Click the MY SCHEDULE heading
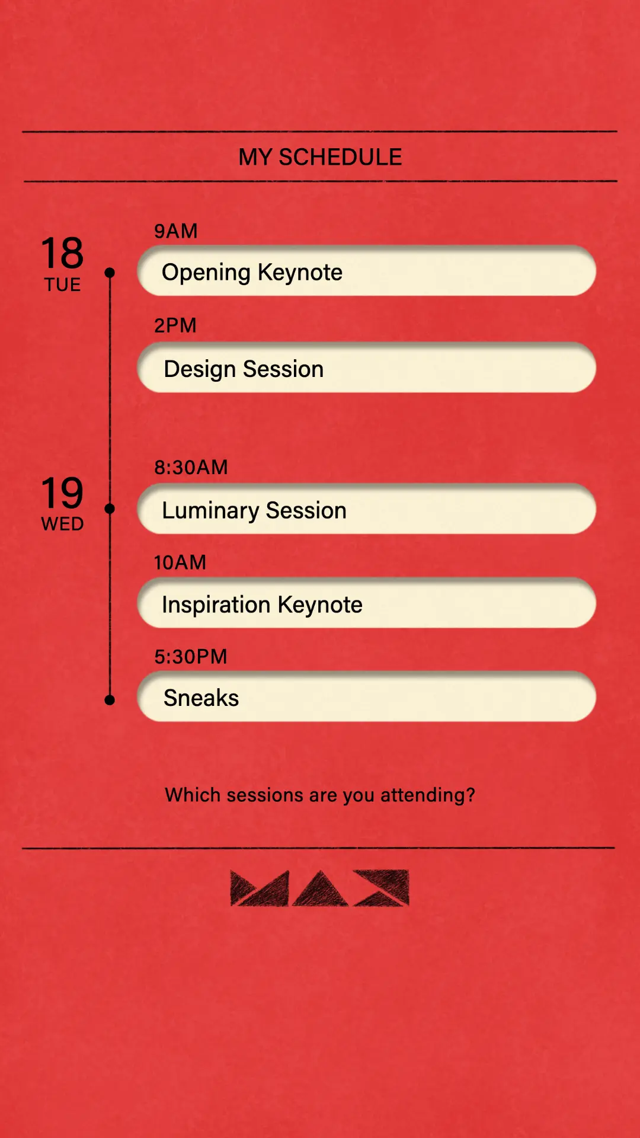click(320, 157)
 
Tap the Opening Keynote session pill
click(366, 271)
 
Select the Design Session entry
click(366, 368)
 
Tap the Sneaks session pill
click(366, 697)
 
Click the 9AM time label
click(175, 231)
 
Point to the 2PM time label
click(175, 325)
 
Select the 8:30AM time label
click(191, 467)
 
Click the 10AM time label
click(180, 562)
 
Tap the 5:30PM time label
click(190, 656)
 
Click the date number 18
click(62, 253)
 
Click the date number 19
click(62, 493)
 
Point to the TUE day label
click(62, 284)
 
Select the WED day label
click(62, 524)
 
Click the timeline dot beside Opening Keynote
click(110, 273)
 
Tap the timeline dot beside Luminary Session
click(110, 509)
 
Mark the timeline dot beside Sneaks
click(110, 700)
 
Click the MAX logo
click(319, 888)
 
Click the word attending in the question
click(427, 795)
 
